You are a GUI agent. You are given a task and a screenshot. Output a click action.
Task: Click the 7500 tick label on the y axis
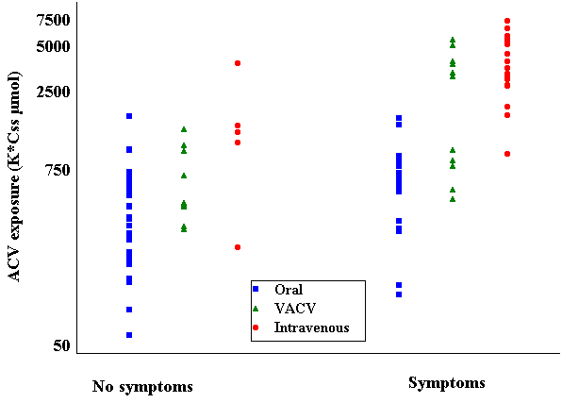tap(55, 20)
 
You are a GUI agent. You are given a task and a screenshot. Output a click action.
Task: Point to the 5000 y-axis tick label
tap(54, 46)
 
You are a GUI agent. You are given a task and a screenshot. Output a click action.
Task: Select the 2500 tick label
tap(54, 92)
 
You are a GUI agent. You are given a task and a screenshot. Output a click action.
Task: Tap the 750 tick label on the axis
tap(57, 170)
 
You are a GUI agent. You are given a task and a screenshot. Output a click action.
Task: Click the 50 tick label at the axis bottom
tap(61, 345)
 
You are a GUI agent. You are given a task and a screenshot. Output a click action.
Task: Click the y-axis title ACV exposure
tap(14, 176)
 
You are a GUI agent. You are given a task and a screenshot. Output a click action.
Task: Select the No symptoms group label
tap(142, 387)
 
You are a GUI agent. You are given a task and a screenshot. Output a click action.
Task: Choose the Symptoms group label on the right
tap(447, 383)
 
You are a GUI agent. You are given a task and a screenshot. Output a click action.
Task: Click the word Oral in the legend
tap(289, 289)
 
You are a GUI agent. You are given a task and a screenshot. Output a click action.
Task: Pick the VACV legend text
tap(295, 309)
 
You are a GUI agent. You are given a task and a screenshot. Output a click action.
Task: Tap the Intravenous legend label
tap(312, 327)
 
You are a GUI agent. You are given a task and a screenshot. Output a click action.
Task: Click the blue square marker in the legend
tap(256, 289)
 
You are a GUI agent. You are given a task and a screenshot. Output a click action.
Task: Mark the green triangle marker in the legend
tap(256, 309)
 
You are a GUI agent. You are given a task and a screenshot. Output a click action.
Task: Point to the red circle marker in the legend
tap(256, 327)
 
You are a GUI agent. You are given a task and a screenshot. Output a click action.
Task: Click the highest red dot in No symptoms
tap(238, 63)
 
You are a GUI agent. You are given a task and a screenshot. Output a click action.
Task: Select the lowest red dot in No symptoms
tap(238, 247)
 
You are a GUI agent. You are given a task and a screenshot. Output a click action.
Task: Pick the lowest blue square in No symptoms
tap(129, 335)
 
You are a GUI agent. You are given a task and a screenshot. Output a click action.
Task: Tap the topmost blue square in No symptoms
tap(129, 116)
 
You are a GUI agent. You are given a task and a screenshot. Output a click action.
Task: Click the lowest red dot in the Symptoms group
tap(507, 154)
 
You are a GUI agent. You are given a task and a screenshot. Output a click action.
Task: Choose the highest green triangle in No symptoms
tap(184, 129)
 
